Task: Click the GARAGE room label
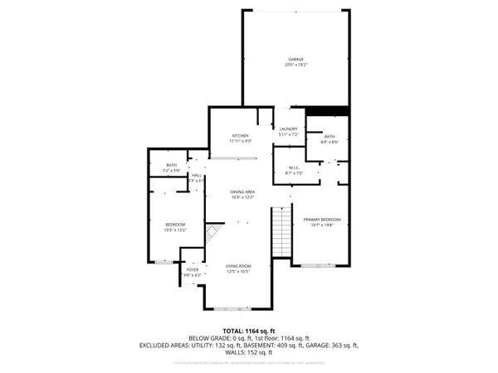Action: coord(295,60)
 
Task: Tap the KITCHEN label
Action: coord(241,135)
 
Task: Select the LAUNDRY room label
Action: coord(288,128)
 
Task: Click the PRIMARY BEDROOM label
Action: coord(326,219)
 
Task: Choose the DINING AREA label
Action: coord(242,192)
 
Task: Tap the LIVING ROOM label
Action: coord(239,266)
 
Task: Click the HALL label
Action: coord(196,176)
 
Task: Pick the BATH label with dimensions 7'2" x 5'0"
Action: coord(172,166)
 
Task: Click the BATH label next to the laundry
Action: coord(330,136)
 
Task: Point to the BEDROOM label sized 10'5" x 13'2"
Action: coord(174,225)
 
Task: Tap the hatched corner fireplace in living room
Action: coord(214,233)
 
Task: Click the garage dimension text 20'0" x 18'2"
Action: coord(295,65)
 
